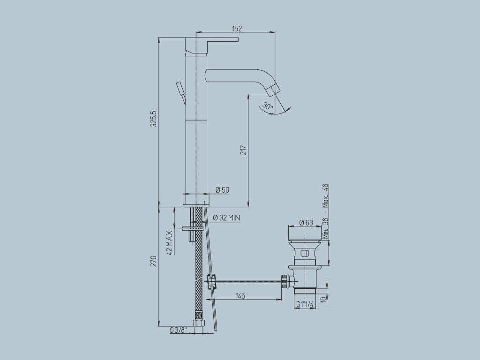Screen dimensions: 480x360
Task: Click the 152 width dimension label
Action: coord(237,29)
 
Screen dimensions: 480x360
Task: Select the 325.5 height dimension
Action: coord(154,119)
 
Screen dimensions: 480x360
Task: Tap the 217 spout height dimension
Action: coord(243,150)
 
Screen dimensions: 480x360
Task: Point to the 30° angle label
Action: coord(268,106)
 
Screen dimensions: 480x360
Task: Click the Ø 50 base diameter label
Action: coord(222,190)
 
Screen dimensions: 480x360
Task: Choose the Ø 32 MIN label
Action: coord(226,217)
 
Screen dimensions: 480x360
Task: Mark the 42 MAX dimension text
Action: coord(169,243)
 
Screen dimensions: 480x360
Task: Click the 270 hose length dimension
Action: coord(154,261)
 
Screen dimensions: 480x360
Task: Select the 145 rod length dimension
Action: coord(240,296)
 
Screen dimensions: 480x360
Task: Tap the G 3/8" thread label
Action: coord(178,330)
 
